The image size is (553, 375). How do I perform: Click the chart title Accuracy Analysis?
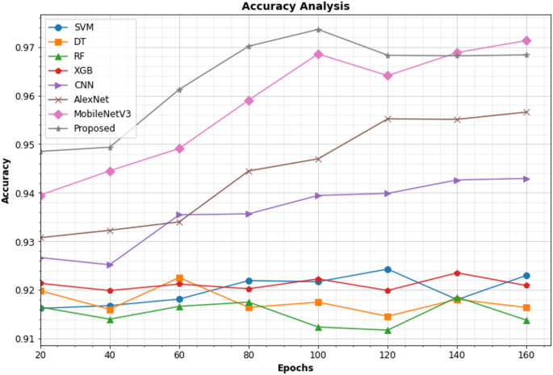295,6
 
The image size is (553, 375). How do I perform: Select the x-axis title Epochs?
295,367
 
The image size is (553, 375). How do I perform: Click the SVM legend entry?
82,27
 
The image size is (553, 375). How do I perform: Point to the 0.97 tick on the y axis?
22,48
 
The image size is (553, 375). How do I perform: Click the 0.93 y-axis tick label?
22,242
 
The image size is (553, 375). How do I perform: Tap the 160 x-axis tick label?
526,354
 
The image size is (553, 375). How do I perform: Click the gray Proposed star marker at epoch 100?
318,30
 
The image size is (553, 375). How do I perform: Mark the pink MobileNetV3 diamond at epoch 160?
526,40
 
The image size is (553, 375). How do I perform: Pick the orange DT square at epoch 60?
179,278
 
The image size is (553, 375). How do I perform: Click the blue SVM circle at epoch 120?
388,269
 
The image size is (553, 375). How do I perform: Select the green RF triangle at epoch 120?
388,330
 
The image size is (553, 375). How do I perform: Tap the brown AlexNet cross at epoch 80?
249,171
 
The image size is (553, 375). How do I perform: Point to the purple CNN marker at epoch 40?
110,265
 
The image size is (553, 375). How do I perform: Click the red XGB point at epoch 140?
457,273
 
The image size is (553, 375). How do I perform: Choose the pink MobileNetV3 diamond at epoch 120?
388,76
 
